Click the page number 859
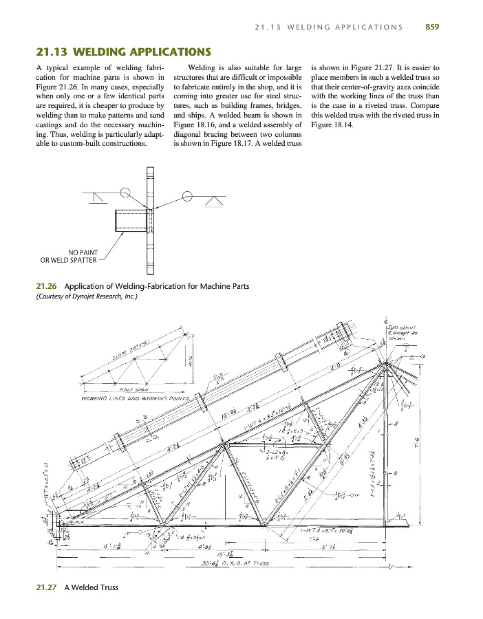click(x=432, y=27)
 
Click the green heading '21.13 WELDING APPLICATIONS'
click(x=122, y=52)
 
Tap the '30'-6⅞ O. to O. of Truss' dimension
click(x=226, y=566)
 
